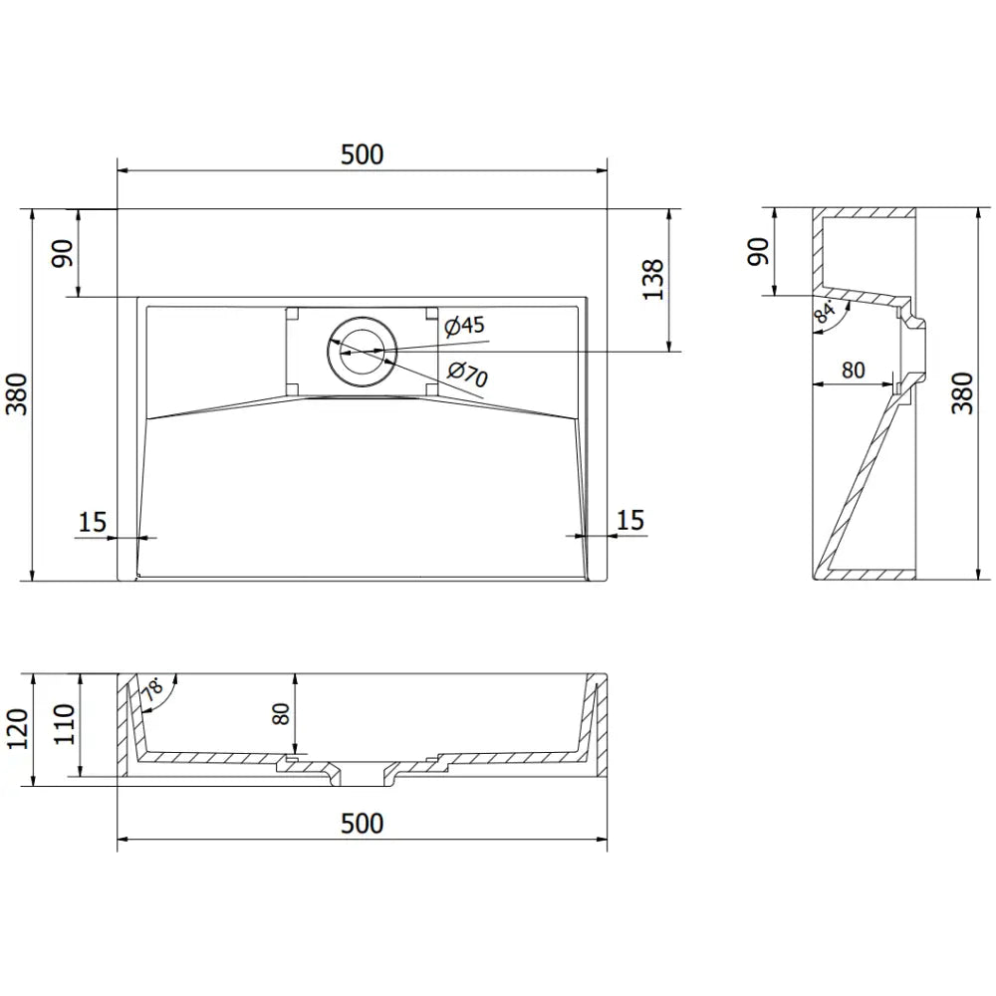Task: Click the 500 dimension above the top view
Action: click(362, 154)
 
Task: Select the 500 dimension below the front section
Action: click(362, 824)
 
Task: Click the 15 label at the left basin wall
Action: click(92, 521)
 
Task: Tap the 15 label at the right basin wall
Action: click(629, 520)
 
